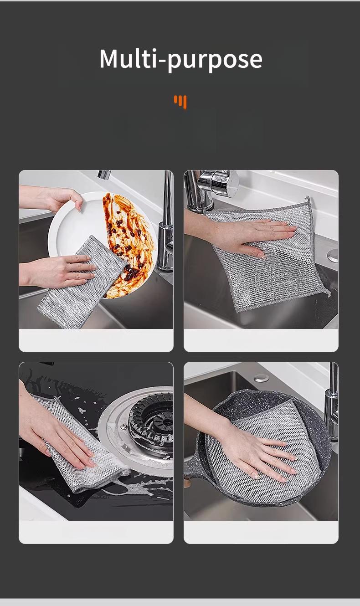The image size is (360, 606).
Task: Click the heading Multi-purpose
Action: (x=180, y=59)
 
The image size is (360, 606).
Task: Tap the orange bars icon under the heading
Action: (x=180, y=102)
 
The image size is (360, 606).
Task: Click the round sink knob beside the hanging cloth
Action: (x=333, y=255)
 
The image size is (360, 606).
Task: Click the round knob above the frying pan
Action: (x=261, y=378)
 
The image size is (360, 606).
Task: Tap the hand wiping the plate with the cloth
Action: (x=64, y=271)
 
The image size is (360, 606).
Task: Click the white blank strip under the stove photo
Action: (x=96, y=532)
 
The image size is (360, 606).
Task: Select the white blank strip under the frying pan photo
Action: (x=261, y=532)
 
